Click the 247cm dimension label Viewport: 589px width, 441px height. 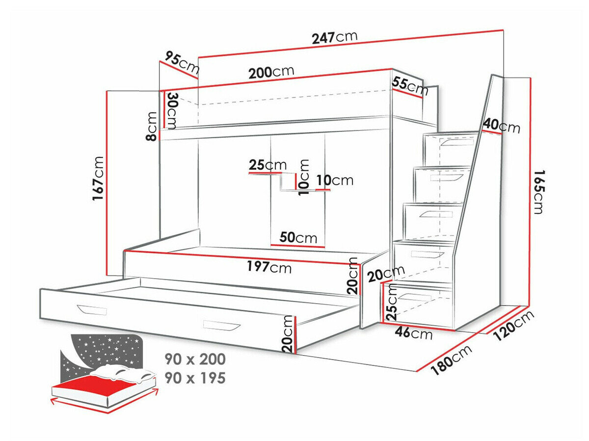(334, 37)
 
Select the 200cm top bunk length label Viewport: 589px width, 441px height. (271, 73)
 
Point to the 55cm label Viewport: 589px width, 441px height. (410, 86)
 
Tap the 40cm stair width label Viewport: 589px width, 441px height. (501, 126)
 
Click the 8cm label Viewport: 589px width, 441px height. (152, 126)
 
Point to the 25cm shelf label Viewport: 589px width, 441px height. (268, 165)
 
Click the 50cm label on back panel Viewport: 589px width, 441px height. (298, 238)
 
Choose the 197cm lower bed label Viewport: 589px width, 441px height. (269, 267)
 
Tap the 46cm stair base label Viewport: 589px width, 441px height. (414, 334)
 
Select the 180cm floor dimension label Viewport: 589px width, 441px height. (451, 360)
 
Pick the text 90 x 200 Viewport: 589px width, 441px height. (195, 359)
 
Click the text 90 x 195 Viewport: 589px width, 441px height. (195, 378)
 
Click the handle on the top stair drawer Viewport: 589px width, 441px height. (457, 143)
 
